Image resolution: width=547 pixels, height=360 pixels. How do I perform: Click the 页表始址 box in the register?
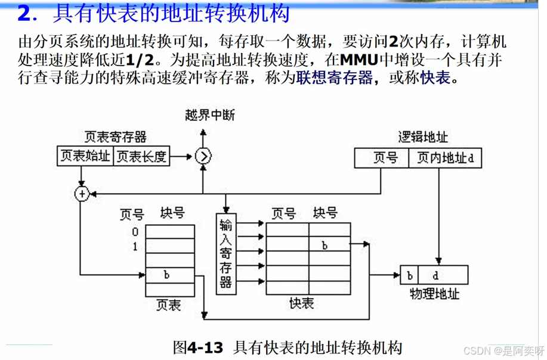coord(85,156)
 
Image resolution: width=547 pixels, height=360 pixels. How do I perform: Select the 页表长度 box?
coord(141,156)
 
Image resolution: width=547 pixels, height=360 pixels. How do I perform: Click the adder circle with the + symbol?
coord(82,194)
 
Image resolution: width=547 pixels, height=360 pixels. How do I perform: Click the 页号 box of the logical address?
coord(382,158)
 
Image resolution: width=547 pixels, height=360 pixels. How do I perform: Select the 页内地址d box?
coord(445,158)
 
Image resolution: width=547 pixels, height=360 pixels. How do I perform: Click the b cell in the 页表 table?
coord(166,275)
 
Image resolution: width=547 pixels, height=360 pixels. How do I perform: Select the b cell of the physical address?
coord(410,275)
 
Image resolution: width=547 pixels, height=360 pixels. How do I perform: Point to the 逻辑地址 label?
coord(422,136)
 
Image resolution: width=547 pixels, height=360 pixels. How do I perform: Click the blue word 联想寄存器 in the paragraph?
coord(335,77)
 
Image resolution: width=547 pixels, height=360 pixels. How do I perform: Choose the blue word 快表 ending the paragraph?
coord(435,77)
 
